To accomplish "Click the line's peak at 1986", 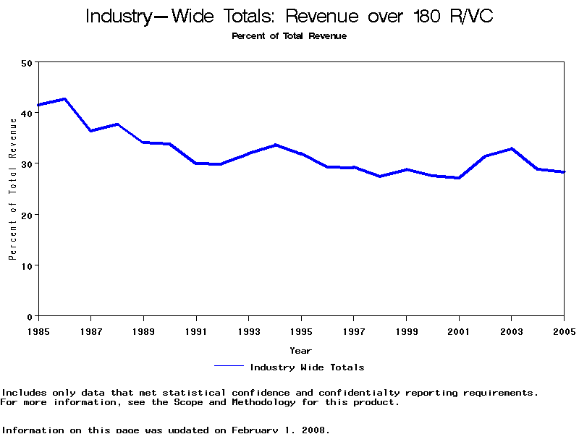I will coord(65,98).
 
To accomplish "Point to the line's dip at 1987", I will coord(90,131).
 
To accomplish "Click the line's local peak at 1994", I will coord(275,145).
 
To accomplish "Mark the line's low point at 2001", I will coord(459,178).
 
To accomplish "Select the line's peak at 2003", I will coord(512,148).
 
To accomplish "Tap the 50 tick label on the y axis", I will coord(27,63).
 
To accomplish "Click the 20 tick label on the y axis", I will coord(27,215).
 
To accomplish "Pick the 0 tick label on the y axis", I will coord(30,317).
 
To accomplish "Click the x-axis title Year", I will coord(301,351).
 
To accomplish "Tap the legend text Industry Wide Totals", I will coord(307,367).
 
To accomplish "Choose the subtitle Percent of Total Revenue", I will coord(289,36).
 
